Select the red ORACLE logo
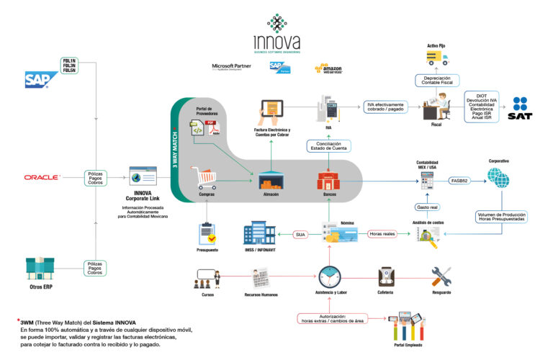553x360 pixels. point(42,176)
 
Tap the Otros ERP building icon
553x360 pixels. point(40,268)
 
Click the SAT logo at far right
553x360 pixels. point(520,107)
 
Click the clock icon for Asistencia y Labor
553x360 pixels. point(329,276)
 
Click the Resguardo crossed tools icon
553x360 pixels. point(441,276)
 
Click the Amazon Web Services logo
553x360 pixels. point(327,69)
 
